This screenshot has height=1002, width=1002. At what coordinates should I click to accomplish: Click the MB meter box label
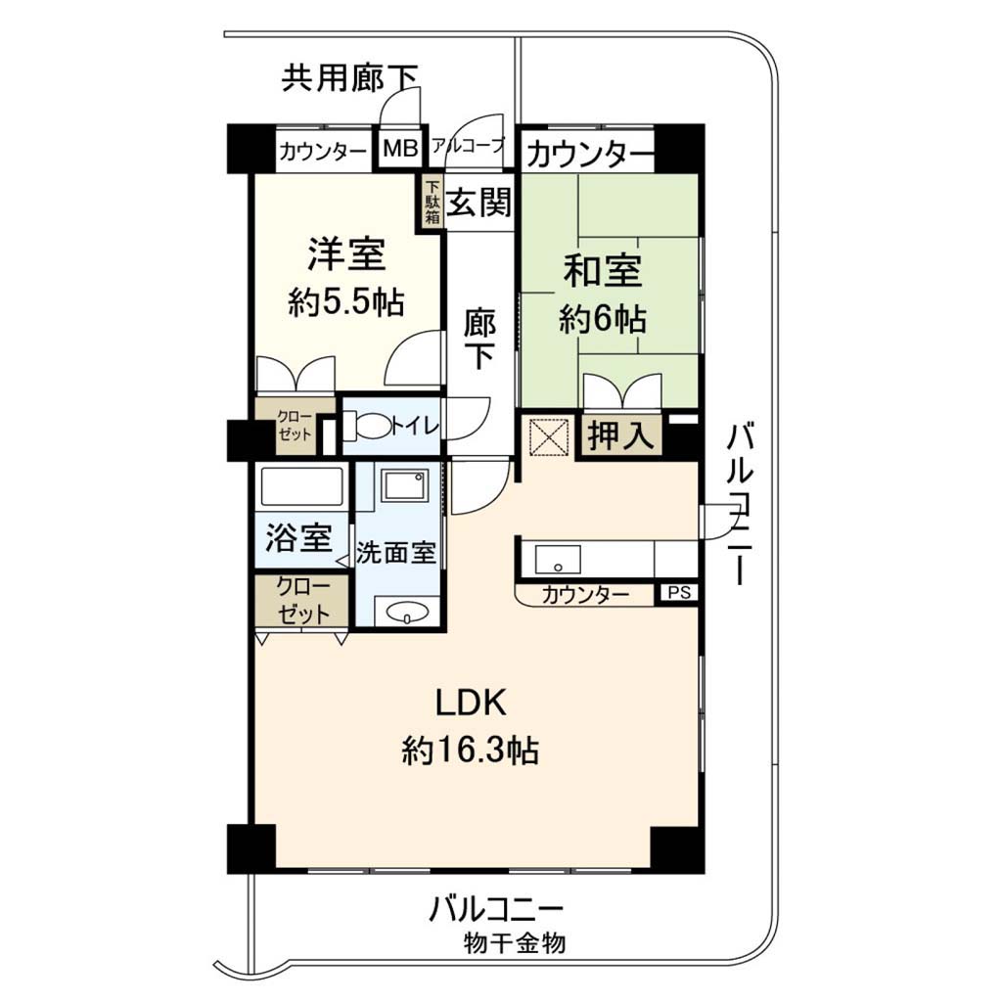coord(400,149)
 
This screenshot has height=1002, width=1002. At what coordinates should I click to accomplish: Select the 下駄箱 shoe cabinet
coord(433,202)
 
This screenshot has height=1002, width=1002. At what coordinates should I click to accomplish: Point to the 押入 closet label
coord(619,435)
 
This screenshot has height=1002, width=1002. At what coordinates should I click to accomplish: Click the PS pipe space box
coord(679,592)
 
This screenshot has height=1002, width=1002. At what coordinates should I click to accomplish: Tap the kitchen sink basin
coord(558,560)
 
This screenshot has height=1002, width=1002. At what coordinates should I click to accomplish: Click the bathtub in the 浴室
coord(300,487)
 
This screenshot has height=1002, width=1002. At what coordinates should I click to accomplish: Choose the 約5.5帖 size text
coord(345,302)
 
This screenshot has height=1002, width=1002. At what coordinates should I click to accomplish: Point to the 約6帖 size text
coord(602,319)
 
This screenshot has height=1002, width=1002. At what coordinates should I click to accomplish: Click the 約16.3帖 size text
coord(470,751)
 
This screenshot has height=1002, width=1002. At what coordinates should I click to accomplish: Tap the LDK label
coord(471,703)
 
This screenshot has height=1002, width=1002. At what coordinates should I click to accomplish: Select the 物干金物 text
coord(515,942)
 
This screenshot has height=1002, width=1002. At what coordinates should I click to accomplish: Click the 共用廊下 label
coord(349,78)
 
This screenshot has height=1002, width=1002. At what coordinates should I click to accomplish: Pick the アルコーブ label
coord(469,145)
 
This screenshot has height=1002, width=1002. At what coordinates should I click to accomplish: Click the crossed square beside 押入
coord(548,435)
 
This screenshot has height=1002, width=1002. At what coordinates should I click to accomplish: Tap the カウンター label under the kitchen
coord(585,594)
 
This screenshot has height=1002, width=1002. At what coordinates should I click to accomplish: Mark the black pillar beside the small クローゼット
coord(244,439)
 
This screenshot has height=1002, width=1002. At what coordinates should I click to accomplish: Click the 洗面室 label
coord(395,552)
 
